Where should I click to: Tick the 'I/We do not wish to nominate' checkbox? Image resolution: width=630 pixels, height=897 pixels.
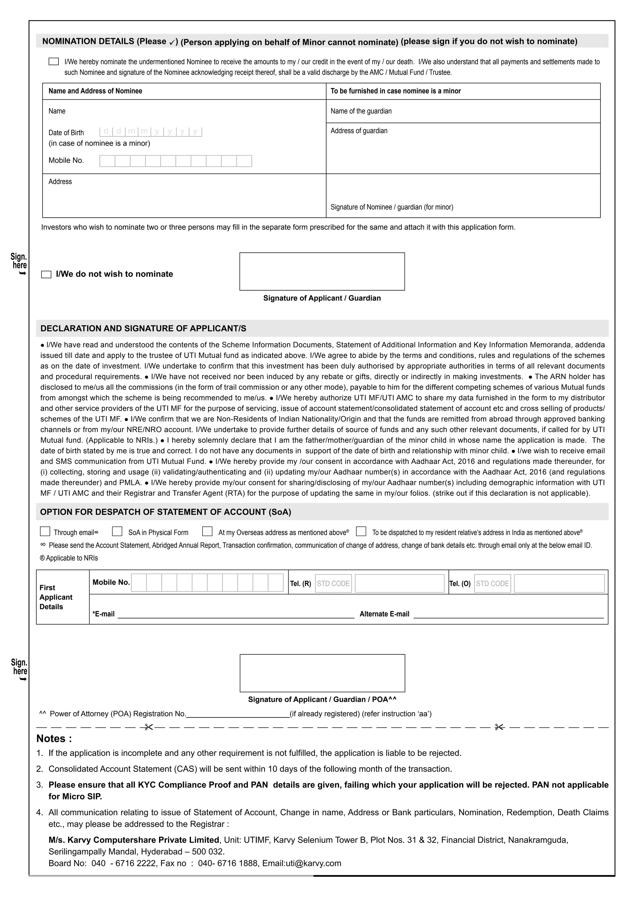(46, 275)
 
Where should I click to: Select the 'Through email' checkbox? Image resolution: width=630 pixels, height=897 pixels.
(45, 531)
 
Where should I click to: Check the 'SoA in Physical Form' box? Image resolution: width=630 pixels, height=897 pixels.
(117, 531)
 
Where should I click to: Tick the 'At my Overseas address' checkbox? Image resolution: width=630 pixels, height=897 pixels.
(207, 531)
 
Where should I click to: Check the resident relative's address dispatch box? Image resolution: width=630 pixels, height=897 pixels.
(361, 531)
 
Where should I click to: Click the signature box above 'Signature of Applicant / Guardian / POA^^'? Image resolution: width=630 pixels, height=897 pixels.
(322, 673)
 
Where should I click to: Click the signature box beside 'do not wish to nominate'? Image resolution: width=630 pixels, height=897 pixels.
(322, 272)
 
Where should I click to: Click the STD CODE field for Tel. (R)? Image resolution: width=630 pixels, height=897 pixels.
(333, 583)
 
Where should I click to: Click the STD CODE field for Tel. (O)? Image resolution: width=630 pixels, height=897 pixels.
(492, 583)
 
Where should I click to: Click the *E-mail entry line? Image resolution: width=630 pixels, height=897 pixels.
(236, 614)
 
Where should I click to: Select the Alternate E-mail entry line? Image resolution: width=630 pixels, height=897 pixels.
(508, 614)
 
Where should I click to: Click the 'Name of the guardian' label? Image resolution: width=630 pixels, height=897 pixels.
(361, 111)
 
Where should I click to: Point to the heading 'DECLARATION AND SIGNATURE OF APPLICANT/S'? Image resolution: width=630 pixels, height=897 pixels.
(143, 328)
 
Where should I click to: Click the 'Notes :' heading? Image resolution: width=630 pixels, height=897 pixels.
(54, 739)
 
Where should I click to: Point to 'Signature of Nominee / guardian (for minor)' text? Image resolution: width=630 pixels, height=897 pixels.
(392, 207)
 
